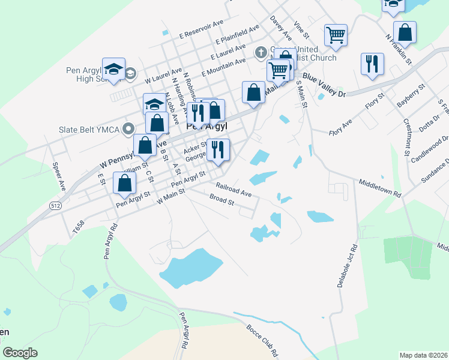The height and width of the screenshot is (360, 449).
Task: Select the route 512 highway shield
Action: pos(55,205)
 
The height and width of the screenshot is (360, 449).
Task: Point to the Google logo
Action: pos(20,353)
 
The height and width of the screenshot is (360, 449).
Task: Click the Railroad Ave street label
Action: pos(234,190)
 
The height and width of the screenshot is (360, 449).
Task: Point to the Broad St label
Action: pos(221,199)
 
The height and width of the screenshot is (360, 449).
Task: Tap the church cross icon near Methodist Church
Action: pos(261,52)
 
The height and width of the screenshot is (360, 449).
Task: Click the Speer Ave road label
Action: pos(58,176)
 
